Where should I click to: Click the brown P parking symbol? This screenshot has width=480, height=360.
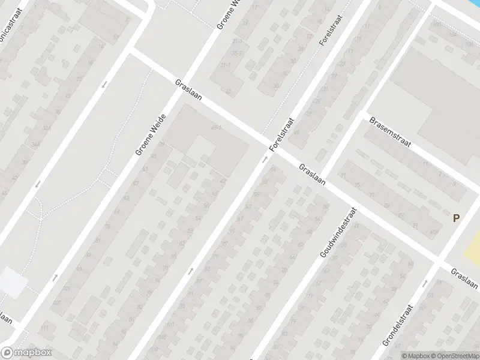(457, 219)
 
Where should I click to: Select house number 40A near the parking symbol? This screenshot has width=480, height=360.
(434, 232)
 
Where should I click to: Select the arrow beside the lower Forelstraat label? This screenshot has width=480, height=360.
(265, 159)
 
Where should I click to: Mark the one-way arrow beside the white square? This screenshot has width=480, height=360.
(55, 277)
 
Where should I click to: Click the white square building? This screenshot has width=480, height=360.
(12, 282)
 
